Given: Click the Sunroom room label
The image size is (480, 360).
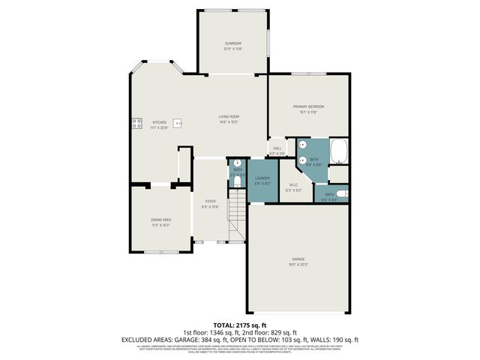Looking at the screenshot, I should click(x=232, y=43).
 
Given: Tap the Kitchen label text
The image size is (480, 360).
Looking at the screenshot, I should click(x=159, y=122).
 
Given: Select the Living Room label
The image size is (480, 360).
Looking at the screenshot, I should click(x=229, y=116).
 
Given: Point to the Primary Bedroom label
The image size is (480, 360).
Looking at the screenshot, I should click(x=308, y=107).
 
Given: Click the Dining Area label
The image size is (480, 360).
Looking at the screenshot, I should click(x=161, y=219).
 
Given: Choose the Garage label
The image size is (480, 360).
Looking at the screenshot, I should click(x=298, y=259).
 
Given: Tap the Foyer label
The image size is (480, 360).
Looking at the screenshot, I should click(x=211, y=202).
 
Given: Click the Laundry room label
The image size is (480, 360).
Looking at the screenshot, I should click(x=262, y=178).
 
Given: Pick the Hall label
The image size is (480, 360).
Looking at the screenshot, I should click(x=277, y=148).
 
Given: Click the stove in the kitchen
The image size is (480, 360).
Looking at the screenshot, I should click(x=137, y=124).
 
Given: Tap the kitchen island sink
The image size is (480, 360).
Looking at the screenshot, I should click(x=178, y=122).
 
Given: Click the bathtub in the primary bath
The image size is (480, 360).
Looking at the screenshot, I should click(x=340, y=151).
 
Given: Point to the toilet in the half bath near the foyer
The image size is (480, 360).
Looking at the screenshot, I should click(x=237, y=163).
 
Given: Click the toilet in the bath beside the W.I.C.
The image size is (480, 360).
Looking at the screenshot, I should click(x=341, y=193).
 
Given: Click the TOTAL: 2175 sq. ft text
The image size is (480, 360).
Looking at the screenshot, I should click(x=239, y=325).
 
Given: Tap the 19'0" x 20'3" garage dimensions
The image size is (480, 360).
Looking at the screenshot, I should click(x=298, y=265).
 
